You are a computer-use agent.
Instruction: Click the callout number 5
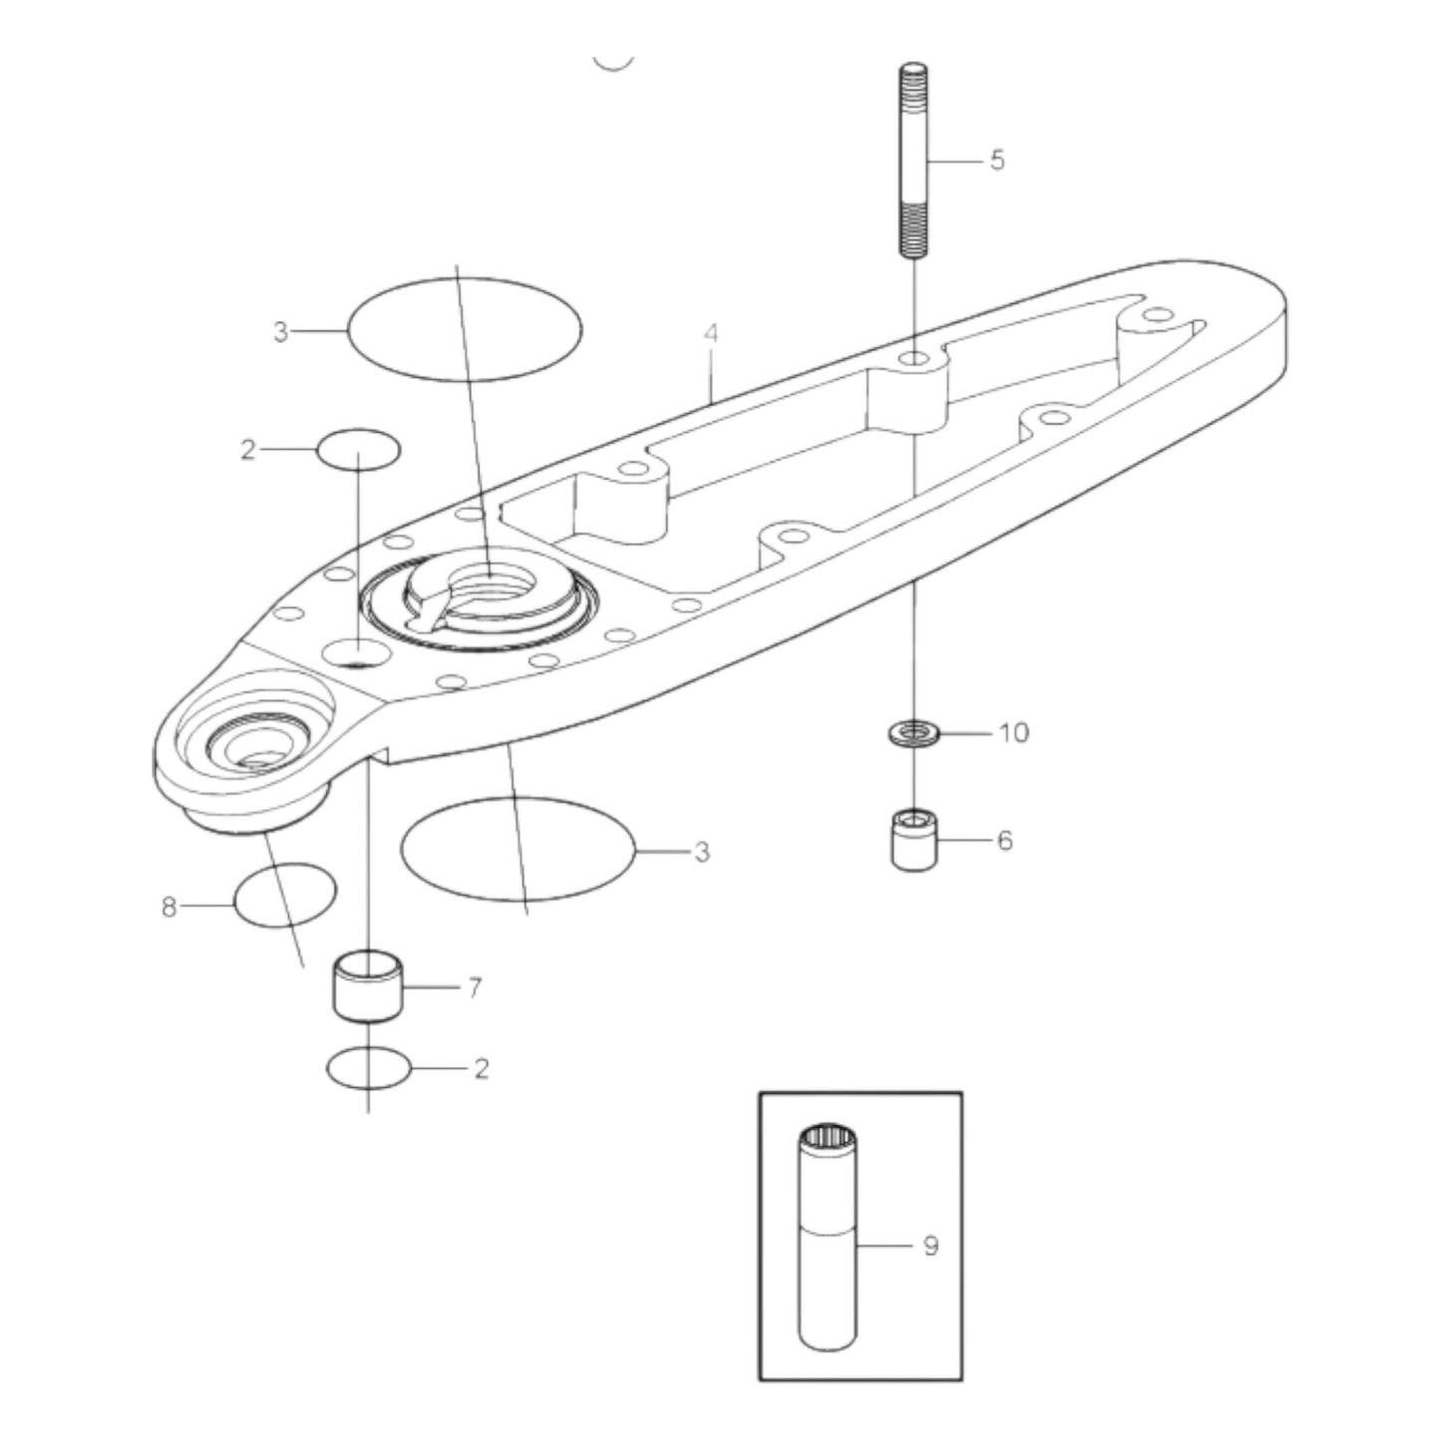(997, 160)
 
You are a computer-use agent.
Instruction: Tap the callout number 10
(1013, 733)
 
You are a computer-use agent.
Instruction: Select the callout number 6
(1004, 841)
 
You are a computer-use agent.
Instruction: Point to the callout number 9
(930, 1246)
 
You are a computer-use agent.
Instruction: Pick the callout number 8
(169, 906)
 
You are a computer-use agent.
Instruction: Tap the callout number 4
(710, 333)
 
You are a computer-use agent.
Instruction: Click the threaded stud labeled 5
(913, 160)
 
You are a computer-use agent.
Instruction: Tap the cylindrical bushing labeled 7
(368, 987)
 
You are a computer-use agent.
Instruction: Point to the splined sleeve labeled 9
(827, 1247)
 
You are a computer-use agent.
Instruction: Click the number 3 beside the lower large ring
(702, 852)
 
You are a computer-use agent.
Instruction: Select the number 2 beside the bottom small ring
(482, 1069)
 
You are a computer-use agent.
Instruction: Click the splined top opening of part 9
(827, 1137)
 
